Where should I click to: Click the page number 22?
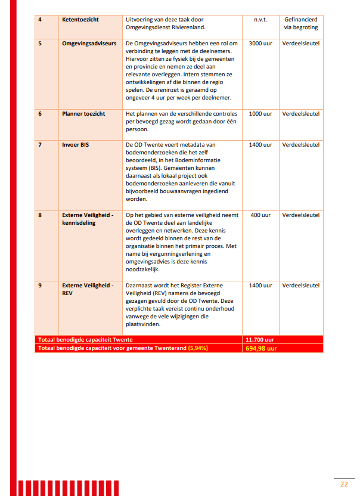tap(344, 483)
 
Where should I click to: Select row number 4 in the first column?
tap(40, 20)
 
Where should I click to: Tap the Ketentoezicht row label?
tap(80, 20)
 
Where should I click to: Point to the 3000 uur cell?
tap(260, 44)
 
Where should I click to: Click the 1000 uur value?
tap(260, 113)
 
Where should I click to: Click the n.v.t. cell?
tap(260, 20)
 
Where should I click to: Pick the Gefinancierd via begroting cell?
tap(301, 23)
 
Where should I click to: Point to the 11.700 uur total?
tap(260, 339)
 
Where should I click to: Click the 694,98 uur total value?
tap(261, 348)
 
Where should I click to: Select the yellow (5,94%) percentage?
tap(197, 348)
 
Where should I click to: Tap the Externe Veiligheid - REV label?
tap(88, 289)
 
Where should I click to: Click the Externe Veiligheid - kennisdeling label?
tap(88, 219)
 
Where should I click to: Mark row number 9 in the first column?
tap(40, 286)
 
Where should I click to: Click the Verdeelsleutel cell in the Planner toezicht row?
tap(301, 113)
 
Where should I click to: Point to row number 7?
tap(40, 145)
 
